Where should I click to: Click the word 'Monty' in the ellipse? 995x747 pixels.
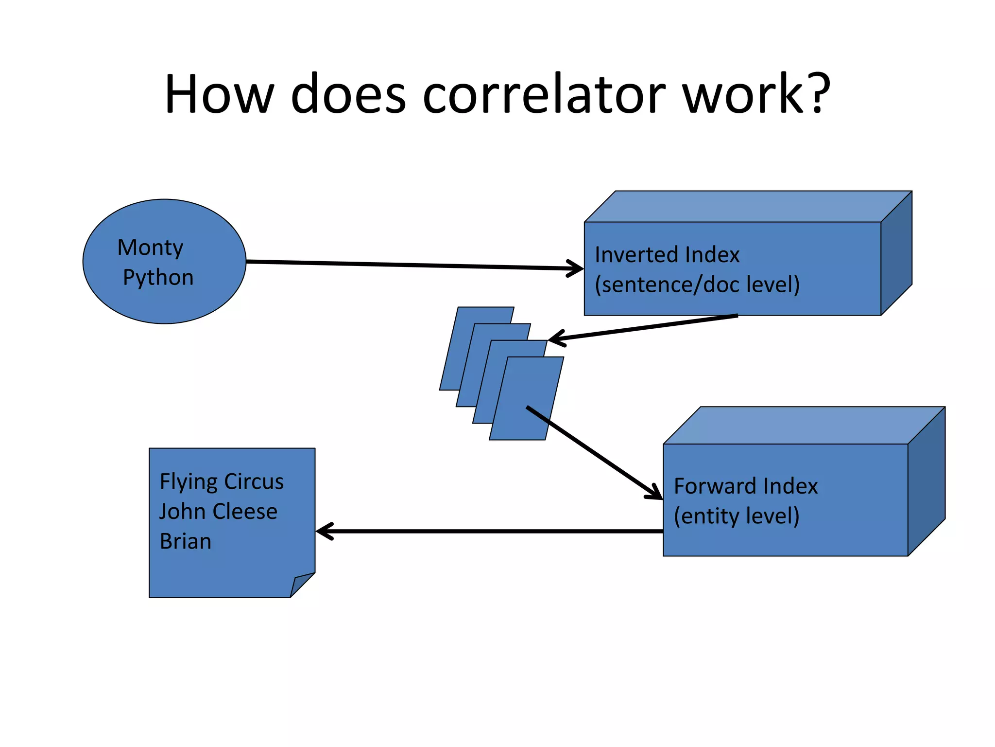(x=150, y=248)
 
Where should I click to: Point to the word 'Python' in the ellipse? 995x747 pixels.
(x=158, y=278)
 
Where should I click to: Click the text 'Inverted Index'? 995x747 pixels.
(x=667, y=255)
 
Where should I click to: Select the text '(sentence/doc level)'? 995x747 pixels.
(x=697, y=285)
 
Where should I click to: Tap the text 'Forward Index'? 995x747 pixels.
(x=745, y=486)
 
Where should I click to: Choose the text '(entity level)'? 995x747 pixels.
(x=736, y=516)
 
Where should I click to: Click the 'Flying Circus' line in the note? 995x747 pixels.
(x=222, y=482)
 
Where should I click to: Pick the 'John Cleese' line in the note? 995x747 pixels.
(x=218, y=512)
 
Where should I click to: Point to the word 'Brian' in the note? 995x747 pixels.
(x=186, y=542)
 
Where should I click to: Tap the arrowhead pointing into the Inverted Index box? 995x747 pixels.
(x=577, y=268)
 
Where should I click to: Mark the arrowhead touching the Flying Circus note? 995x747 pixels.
(x=323, y=531)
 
